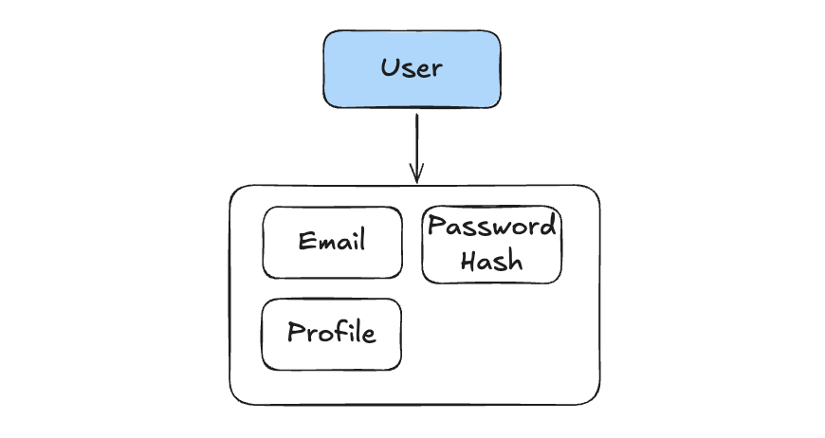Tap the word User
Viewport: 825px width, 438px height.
coord(412,68)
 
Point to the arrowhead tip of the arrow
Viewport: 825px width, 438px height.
coord(416,181)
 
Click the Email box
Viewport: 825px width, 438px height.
coord(332,243)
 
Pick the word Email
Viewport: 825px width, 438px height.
coord(332,241)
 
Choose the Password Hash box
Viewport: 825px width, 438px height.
coord(491,245)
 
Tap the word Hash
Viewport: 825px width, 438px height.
coord(491,261)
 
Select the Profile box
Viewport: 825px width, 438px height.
coord(331,334)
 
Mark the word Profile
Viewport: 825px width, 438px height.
coord(331,333)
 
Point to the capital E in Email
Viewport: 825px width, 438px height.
coord(305,241)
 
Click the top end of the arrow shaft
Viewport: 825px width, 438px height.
coord(416,116)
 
